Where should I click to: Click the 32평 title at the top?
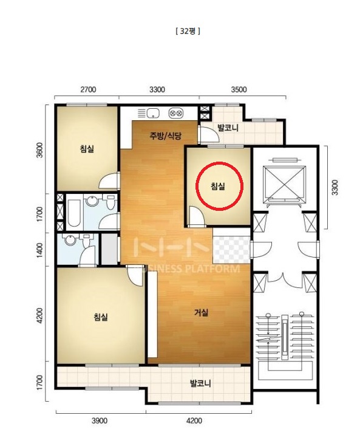pyautogui.click(x=188, y=31)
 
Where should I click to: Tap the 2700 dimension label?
pyautogui.click(x=88, y=89)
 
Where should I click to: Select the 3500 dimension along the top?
pyautogui.click(x=239, y=89)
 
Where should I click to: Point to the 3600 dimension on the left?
pyautogui.click(x=40, y=150)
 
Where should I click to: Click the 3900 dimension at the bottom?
pyautogui.click(x=100, y=420)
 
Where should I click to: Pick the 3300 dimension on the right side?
pyautogui.click(x=335, y=187)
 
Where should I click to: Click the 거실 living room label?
pyautogui.click(x=201, y=313)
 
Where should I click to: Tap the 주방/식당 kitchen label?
pyautogui.click(x=165, y=136)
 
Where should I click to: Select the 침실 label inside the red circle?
pyautogui.click(x=218, y=187)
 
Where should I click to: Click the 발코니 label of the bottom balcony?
pyautogui.click(x=200, y=383)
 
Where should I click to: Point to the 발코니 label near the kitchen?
pyautogui.click(x=228, y=128)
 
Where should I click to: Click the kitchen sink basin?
pyautogui.click(x=153, y=113)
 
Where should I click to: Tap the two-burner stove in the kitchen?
pyautogui.click(x=175, y=113)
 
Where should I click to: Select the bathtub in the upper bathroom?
pyautogui.click(x=75, y=213)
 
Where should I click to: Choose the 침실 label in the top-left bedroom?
pyautogui.click(x=87, y=149)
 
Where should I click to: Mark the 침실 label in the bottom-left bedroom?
pyautogui.click(x=101, y=317)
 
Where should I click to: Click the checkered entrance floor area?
pyautogui.click(x=231, y=245)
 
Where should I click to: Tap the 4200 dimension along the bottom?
pyautogui.click(x=194, y=420)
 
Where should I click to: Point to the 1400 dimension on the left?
pyautogui.click(x=40, y=250)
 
